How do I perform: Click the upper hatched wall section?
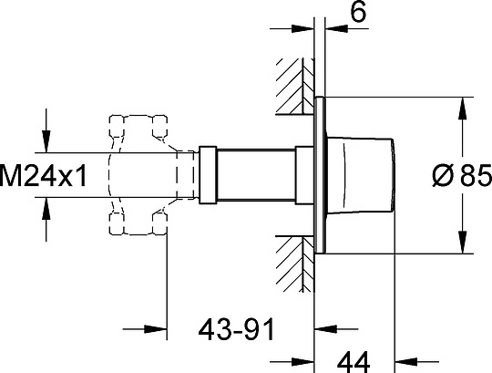pos(292,88)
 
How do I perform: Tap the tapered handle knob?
pos(364,173)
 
